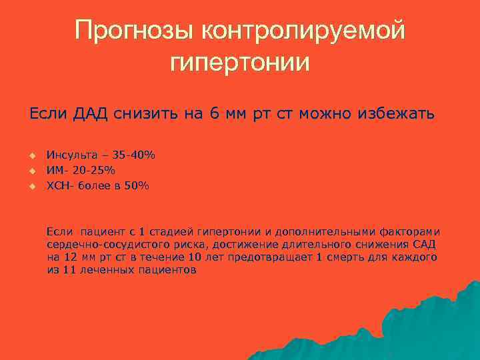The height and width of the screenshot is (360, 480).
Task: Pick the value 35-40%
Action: pyautogui.click(x=133, y=155)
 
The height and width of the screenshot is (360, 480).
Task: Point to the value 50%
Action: pyautogui.click(x=137, y=186)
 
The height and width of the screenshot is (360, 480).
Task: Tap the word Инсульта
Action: pyautogui.click(x=70, y=155)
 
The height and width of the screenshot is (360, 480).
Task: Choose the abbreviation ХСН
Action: pyautogui.click(x=57, y=186)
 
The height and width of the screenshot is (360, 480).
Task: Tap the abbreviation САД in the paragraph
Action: pyautogui.click(x=425, y=245)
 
